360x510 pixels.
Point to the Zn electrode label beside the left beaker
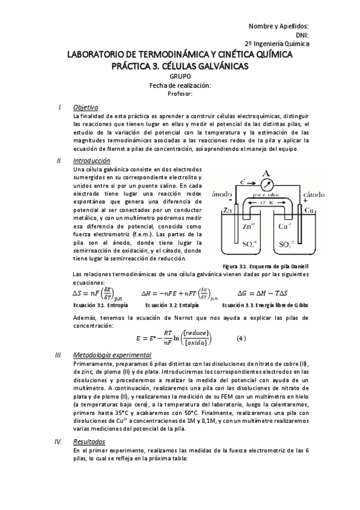(227, 210)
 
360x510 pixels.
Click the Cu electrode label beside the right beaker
(309, 210)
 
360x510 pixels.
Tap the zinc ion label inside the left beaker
(251, 227)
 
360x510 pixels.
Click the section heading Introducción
(91, 161)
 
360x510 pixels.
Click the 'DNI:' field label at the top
(300, 35)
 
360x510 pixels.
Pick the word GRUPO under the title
(180, 77)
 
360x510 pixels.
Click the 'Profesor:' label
(180, 94)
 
